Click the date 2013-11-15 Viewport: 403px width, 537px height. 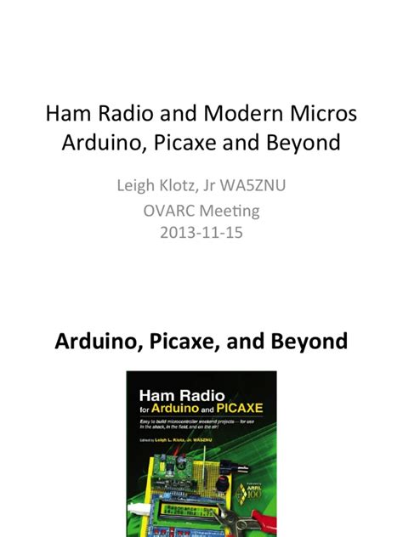201,232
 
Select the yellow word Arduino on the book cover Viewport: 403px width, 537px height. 179,410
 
